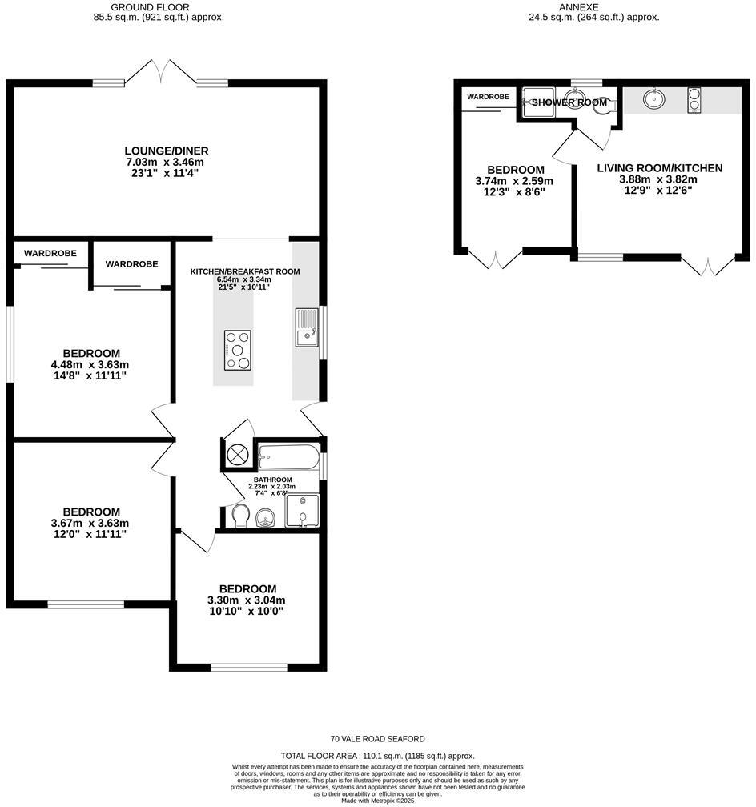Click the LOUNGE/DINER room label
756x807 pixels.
[x=167, y=151]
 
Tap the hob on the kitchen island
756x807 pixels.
[x=238, y=350]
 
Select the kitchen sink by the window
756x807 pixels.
[x=306, y=328]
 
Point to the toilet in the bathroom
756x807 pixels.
[x=238, y=516]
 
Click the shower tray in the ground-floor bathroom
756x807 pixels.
[x=302, y=512]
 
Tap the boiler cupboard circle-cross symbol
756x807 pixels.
[x=238, y=456]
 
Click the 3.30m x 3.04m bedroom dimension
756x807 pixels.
[x=247, y=600]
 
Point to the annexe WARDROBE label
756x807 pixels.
[x=488, y=97]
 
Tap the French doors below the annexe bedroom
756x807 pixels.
[x=496, y=260]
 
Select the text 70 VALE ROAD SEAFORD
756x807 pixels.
[x=378, y=739]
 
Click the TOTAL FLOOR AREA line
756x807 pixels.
[x=378, y=756]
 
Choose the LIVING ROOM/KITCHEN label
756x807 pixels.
[x=660, y=168]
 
